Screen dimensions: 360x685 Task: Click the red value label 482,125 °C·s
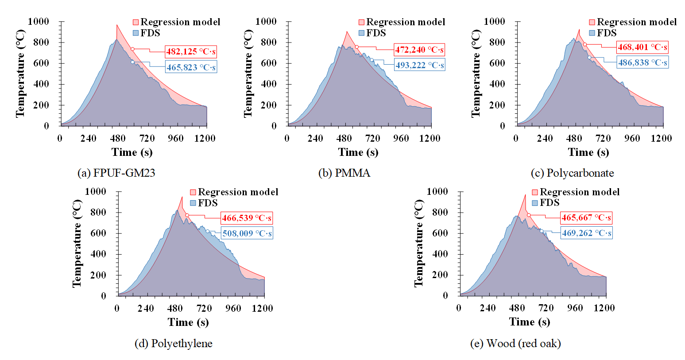pyautogui.click(x=191, y=52)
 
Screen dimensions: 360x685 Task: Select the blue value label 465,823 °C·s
pyautogui.click(x=191, y=67)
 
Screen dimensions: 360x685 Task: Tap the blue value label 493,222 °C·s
pyautogui.click(x=419, y=65)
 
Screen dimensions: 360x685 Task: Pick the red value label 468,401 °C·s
pyautogui.click(x=642, y=47)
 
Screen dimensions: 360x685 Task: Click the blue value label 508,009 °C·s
pyautogui.click(x=247, y=233)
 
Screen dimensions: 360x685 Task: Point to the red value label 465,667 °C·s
pyautogui.click(x=586, y=217)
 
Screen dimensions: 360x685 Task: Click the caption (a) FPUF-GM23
pyautogui.click(x=116, y=173)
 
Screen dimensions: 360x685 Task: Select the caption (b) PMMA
pyautogui.click(x=344, y=173)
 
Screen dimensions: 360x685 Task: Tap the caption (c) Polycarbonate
pyautogui.click(x=572, y=173)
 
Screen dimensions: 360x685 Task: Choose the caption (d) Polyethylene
pyautogui.click(x=173, y=343)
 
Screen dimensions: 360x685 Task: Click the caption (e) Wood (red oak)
pyautogui.click(x=515, y=343)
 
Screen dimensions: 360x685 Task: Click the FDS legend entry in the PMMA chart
pyautogui.click(x=372, y=33)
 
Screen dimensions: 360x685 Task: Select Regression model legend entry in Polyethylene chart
pyautogui.click(x=234, y=192)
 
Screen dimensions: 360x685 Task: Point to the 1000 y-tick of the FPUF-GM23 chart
pyautogui.click(x=39, y=21)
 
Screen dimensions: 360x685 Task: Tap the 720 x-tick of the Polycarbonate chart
pyautogui.click(x=603, y=138)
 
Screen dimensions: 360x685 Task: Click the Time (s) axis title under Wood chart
pyautogui.click(x=529, y=322)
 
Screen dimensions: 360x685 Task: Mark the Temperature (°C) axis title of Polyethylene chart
pyautogui.click(x=77, y=243)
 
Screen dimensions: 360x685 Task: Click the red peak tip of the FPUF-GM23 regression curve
pyautogui.click(x=117, y=25)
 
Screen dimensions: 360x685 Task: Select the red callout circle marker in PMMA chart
pyautogui.click(x=356, y=47)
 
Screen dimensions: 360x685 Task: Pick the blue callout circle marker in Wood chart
pyautogui.click(x=541, y=231)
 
